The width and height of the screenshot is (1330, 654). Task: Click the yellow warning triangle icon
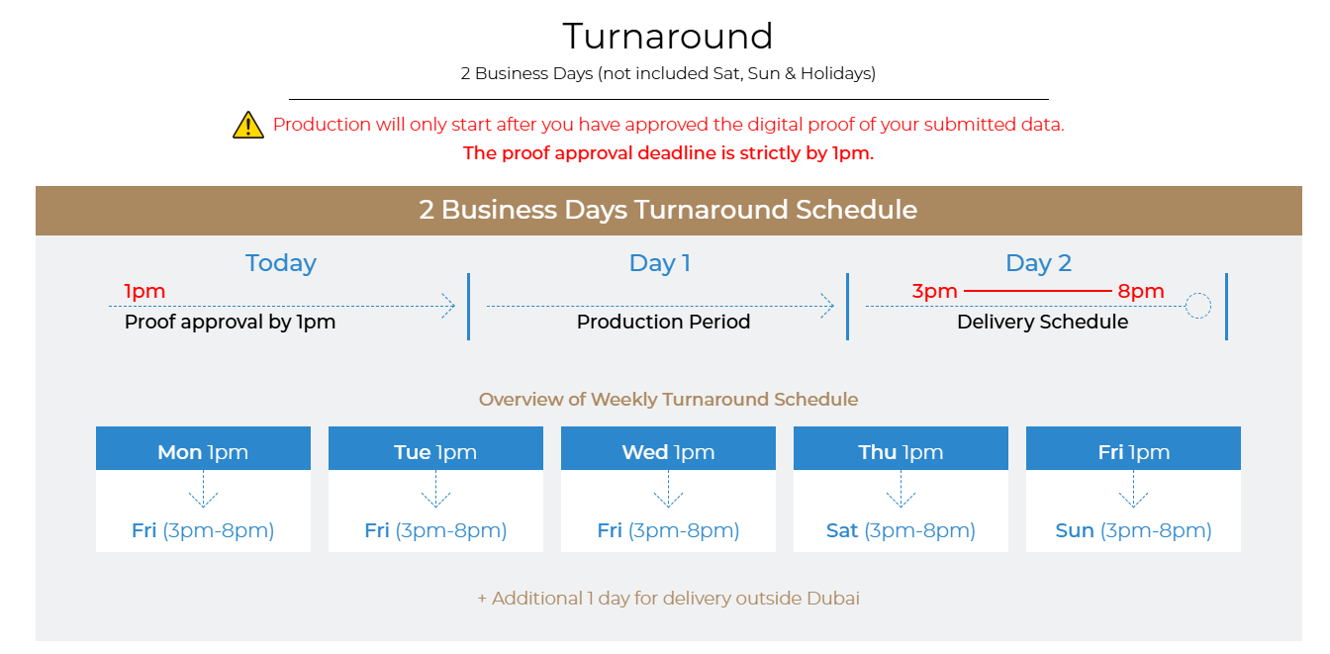tap(248, 125)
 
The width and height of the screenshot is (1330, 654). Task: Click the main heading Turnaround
tap(668, 37)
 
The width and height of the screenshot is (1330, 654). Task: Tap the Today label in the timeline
tap(281, 263)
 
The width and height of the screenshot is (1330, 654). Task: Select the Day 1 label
tap(660, 263)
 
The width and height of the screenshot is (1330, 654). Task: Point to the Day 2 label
tap(1038, 263)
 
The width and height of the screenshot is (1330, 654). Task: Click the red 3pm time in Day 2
tap(934, 292)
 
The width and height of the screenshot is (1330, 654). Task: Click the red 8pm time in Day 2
tap(1141, 292)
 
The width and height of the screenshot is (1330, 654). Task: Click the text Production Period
tap(663, 322)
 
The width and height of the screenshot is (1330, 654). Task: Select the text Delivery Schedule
tap(1043, 322)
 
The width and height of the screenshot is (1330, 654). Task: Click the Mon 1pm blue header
tap(203, 448)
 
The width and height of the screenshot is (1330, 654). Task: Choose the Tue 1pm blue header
tap(435, 448)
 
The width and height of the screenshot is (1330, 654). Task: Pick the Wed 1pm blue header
tap(668, 448)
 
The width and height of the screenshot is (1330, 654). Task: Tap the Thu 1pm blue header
tap(901, 448)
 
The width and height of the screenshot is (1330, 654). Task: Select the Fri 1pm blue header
tap(1133, 448)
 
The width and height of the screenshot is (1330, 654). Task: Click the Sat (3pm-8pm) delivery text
tap(901, 530)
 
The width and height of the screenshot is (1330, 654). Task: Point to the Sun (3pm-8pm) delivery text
tap(1133, 530)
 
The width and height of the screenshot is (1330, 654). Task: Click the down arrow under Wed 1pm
tap(668, 489)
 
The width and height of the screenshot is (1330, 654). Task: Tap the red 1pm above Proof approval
tap(144, 292)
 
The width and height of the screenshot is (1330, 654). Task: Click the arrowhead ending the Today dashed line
tap(449, 307)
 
